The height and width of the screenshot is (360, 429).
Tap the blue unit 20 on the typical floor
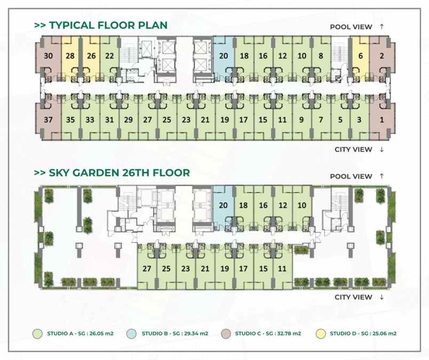pyautogui.click(x=224, y=56)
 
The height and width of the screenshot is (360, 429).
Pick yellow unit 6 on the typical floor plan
pyautogui.click(x=361, y=56)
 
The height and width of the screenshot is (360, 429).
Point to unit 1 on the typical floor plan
pyautogui.click(x=382, y=120)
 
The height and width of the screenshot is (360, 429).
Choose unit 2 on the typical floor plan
pyautogui.click(x=382, y=56)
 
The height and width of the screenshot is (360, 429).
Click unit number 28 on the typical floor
pyautogui.click(x=70, y=56)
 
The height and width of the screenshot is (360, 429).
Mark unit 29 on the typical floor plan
pyautogui.click(x=128, y=120)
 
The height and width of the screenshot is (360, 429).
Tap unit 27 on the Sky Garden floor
pyautogui.click(x=147, y=269)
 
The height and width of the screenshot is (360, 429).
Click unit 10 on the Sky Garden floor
pyautogui.click(x=301, y=205)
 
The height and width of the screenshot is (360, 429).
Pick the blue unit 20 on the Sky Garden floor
pyautogui.click(x=224, y=205)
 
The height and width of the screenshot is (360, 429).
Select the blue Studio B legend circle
pyautogui.click(x=131, y=334)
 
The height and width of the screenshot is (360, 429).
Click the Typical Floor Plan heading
pyautogui.click(x=100, y=25)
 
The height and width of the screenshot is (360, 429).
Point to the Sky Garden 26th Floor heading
pyautogui.click(x=112, y=173)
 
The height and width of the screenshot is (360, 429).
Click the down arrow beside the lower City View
pyautogui.click(x=382, y=297)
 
